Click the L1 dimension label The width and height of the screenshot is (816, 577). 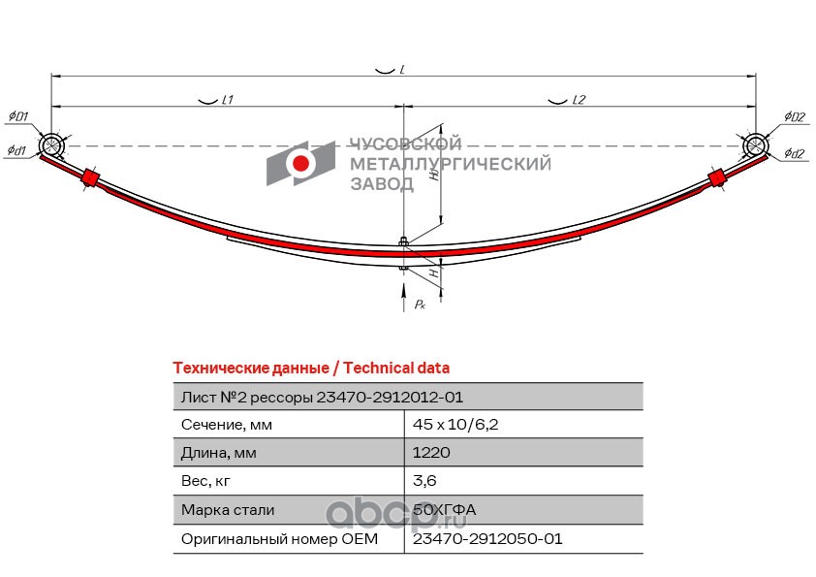point(228,100)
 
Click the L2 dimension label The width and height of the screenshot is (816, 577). point(579,100)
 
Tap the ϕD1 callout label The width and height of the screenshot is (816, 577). point(18,116)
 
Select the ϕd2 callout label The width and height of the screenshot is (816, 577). point(795,153)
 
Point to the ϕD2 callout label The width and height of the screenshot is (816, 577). point(795,116)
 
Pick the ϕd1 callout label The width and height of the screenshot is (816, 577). point(16,151)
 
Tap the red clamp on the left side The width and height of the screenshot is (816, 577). point(90,177)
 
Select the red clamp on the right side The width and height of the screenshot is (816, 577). point(716,177)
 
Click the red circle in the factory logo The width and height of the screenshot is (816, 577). point(300,164)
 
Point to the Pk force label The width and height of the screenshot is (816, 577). point(420,305)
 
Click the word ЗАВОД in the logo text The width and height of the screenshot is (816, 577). point(382,184)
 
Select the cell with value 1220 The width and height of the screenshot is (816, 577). point(431,452)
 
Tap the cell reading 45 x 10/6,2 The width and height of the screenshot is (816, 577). point(455,425)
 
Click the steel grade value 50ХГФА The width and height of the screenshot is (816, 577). point(444,509)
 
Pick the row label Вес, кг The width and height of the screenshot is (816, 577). point(205,481)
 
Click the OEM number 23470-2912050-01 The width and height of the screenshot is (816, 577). point(487,538)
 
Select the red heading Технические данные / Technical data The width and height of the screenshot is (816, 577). point(311,369)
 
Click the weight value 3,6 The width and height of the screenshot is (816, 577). point(424,481)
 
